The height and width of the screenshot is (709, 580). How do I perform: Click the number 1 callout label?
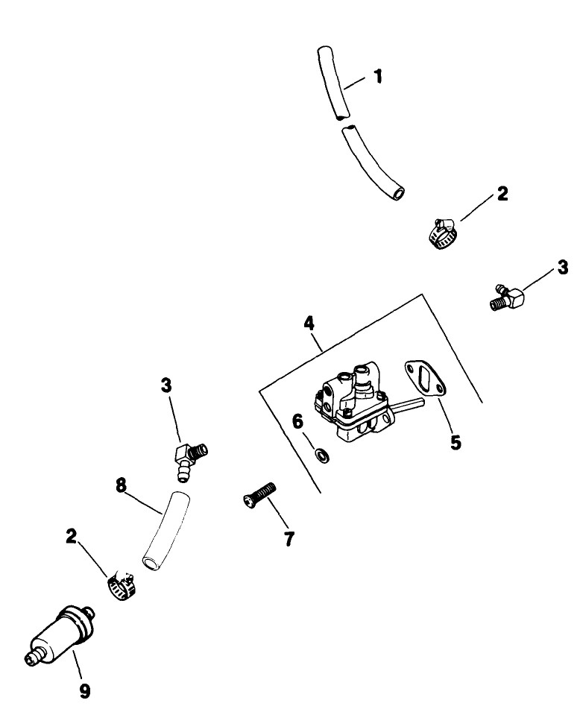379,76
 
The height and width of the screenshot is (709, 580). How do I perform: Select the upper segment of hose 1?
330,82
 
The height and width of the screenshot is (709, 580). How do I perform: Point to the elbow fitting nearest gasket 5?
511,299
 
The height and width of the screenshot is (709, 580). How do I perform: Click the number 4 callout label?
308,324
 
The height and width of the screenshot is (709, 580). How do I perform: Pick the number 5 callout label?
455,443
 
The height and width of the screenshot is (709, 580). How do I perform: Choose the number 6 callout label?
298,422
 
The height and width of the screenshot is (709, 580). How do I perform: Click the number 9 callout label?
85,692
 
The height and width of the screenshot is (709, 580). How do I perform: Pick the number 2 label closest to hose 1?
502,194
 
